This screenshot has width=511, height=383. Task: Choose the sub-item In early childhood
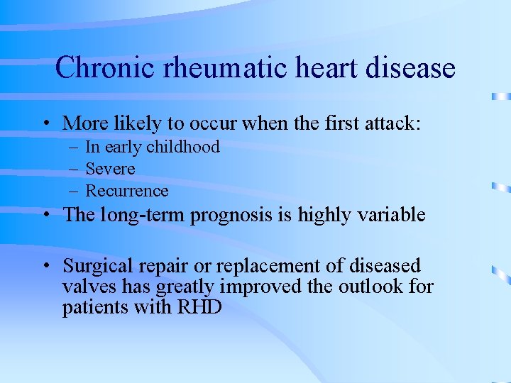[153, 148]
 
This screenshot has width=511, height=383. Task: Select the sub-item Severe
[110, 170]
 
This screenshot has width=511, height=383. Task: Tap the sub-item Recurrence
[127, 191]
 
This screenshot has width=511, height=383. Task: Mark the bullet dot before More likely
[45, 124]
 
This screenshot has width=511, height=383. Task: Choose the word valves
[86, 288]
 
